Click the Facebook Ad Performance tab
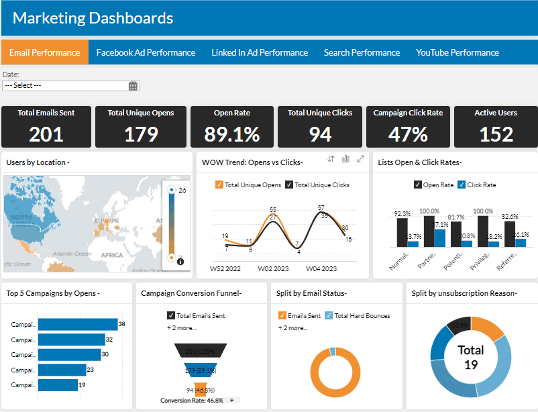[x=146, y=52]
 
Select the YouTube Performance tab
[x=457, y=52]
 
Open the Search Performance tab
[x=362, y=52]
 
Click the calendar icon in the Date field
[x=133, y=86]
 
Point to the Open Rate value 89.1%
[x=232, y=134]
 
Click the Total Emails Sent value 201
[x=46, y=134]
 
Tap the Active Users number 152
[x=496, y=134]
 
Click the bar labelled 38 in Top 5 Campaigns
[x=77, y=325]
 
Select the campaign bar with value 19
[x=57, y=385]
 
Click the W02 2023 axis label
[x=274, y=269]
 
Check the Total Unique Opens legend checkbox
[x=219, y=185]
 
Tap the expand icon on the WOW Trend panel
[x=361, y=159]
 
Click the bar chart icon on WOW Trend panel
[x=346, y=159]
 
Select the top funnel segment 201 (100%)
[x=201, y=351]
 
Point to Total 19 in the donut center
[x=470, y=357]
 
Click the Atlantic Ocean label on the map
[x=72, y=254]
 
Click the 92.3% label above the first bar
[x=402, y=213]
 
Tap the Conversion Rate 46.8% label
[x=193, y=401]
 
